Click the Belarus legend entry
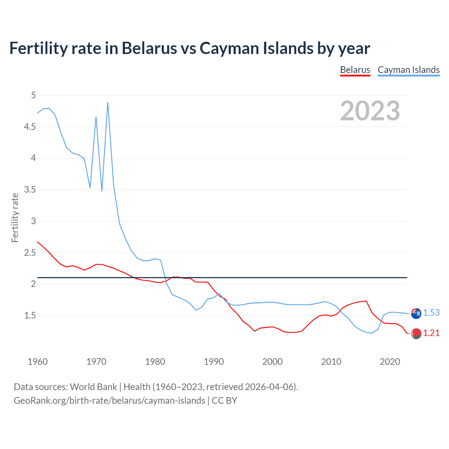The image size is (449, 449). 355,70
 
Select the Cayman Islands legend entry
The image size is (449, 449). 409,70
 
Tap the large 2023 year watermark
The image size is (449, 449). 370,111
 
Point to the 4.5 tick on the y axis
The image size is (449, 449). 30,127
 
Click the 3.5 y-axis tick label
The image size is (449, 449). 30,190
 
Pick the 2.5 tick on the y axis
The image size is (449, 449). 30,253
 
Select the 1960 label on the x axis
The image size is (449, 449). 38,362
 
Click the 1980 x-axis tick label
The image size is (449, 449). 155,362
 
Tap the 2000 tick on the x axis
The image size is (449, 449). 273,362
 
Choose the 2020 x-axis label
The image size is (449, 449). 390,362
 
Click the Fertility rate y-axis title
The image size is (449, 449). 15,217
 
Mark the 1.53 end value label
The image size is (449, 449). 431,313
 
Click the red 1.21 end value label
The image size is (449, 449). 431,333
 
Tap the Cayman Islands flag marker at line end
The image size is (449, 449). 416,313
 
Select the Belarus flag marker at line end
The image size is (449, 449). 416,334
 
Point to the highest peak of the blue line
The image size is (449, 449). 108,102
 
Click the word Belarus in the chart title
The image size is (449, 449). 149,48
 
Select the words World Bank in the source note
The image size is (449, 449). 93,387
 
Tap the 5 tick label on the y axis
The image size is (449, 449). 33,95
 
